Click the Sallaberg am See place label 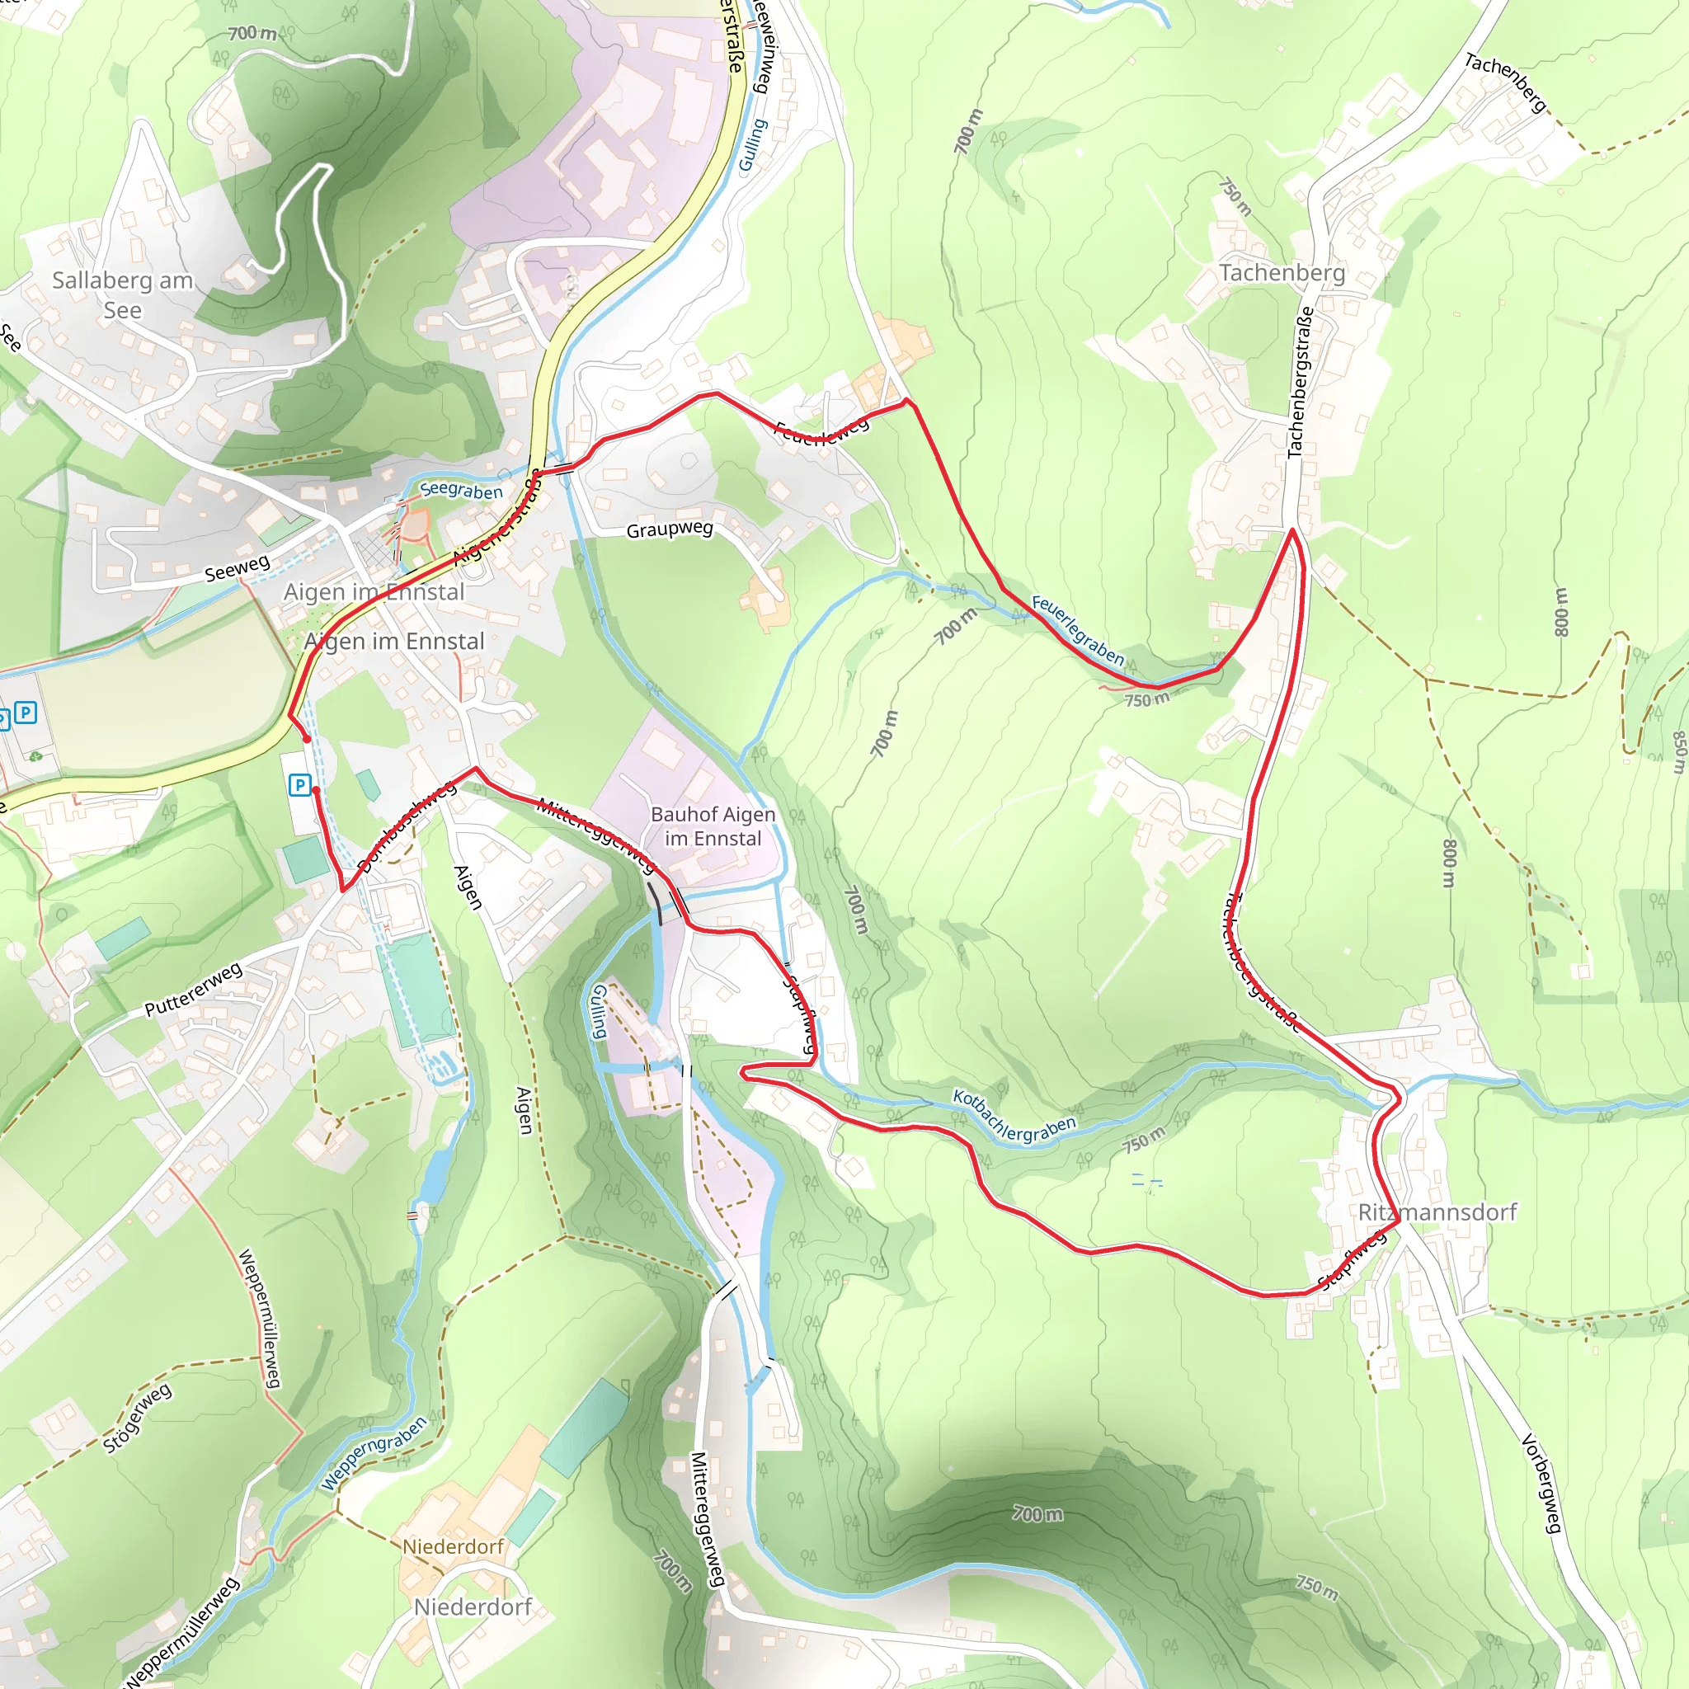pos(122,294)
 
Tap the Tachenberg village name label pos(1282,273)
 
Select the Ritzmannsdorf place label pos(1437,1211)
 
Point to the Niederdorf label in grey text pos(472,1607)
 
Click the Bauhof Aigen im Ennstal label pos(713,826)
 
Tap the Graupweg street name pos(670,529)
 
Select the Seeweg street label pos(237,568)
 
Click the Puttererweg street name pos(193,990)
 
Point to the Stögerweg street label pos(137,1418)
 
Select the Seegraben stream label pos(462,490)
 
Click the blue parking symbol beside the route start pos(300,784)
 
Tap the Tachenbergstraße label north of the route pos(1300,382)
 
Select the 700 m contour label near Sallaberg pos(252,33)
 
